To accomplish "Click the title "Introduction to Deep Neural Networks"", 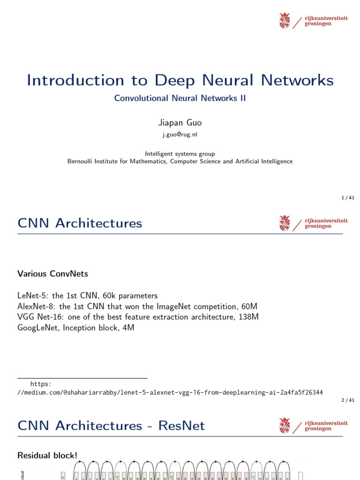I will (180, 80).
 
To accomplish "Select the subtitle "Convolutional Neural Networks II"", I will (180, 98).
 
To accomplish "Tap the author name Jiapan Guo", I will (180, 122).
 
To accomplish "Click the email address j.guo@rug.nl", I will (180, 135).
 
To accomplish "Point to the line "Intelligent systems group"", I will (180, 154).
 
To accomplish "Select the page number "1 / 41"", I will (348, 198).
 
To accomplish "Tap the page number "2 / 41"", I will (348, 400).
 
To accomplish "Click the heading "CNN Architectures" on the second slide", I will (80, 223).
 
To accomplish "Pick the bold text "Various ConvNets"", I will (52, 273).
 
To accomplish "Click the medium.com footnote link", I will (170, 392).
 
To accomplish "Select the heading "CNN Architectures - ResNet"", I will (111, 426).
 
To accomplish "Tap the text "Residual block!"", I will (47, 455).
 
